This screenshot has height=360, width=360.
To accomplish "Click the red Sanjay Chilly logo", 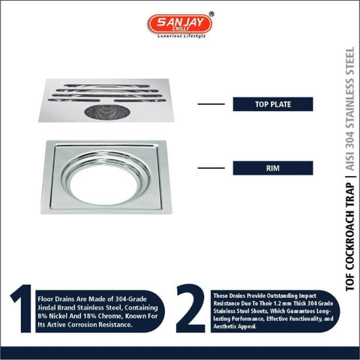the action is coord(180,24).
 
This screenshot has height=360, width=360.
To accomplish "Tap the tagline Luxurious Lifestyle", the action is coord(181,36).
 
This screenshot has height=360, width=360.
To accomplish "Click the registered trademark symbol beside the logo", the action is coord(211,14).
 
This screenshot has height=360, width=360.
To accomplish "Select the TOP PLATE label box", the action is coord(273,104).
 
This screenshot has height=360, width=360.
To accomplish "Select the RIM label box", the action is coord(273,168).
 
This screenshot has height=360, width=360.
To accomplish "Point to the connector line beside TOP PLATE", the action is coord(211,104).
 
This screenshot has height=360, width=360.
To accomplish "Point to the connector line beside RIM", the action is coord(211,168).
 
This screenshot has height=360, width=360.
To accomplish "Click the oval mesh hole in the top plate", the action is coord(106,112).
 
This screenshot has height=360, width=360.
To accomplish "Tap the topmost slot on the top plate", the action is coord(106,85).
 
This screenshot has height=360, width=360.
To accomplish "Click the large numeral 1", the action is coord(22,308).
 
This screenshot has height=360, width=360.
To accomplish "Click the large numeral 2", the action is coord(190,308).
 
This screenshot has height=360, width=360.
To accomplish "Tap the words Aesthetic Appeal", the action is coord(235,326).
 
